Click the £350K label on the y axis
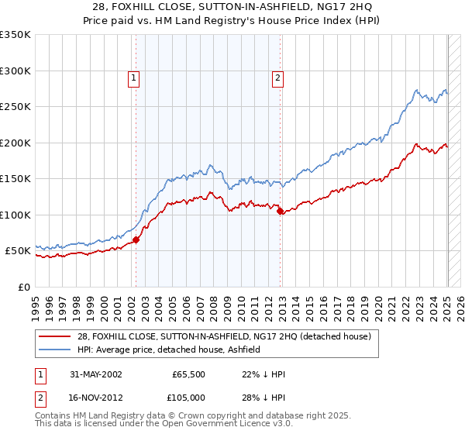click(x=15, y=35)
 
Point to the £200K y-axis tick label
click(x=15, y=143)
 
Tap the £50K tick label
click(x=18, y=251)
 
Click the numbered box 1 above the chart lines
click(x=133, y=77)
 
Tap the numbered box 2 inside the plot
click(x=277, y=77)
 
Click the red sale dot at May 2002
click(x=136, y=239)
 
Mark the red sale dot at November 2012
click(x=280, y=211)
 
